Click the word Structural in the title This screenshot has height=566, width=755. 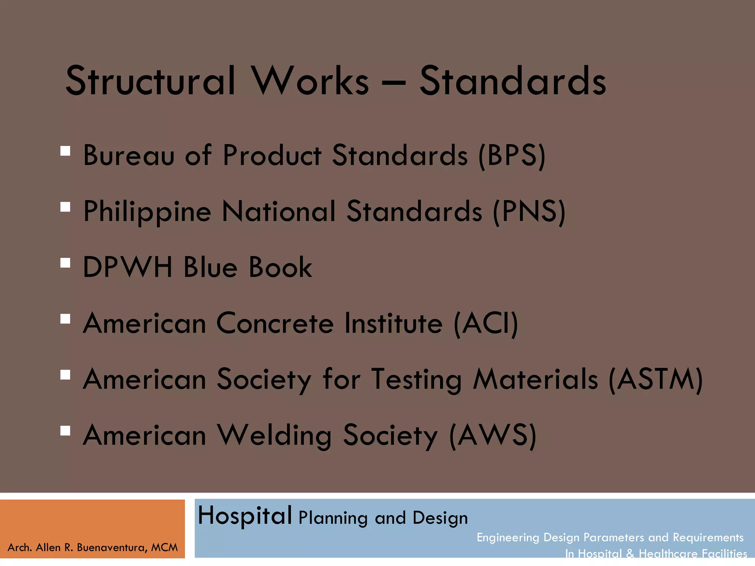(150, 81)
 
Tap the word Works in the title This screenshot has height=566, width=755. (310, 81)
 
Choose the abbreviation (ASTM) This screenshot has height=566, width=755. (656, 380)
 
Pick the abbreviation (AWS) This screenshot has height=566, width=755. (493, 436)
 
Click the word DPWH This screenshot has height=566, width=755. (128, 267)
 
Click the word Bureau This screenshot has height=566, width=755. (129, 155)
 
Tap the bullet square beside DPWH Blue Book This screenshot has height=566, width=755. (65, 263)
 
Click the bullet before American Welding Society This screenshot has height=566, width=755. (65, 431)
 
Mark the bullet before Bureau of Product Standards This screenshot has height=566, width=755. (65, 151)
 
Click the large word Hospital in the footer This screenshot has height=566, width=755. (245, 516)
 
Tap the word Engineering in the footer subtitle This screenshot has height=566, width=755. (508, 538)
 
